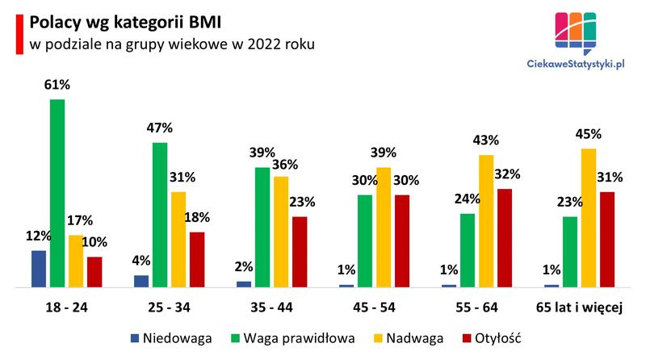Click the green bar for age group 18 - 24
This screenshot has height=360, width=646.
pyautogui.click(x=57, y=193)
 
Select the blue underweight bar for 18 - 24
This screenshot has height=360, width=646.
pyautogui.click(x=39, y=268)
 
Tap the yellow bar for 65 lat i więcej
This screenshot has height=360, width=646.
pyautogui.click(x=589, y=217)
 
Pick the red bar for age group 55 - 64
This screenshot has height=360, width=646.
pyautogui.click(x=505, y=237)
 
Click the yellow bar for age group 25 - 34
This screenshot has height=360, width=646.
pyautogui.click(x=178, y=239)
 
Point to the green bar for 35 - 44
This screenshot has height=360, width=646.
pyautogui.click(x=262, y=227)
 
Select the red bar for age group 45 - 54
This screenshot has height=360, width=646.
pyautogui.click(x=403, y=241)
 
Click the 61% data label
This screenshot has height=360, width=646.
pyautogui.click(x=57, y=83)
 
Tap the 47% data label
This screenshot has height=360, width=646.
pyautogui.click(x=160, y=128)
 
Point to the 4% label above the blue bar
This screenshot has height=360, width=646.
pyautogui.click(x=141, y=260)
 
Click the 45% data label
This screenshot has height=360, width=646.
pyautogui.click(x=589, y=133)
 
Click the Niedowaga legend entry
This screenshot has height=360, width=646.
pyautogui.click(x=170, y=338)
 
